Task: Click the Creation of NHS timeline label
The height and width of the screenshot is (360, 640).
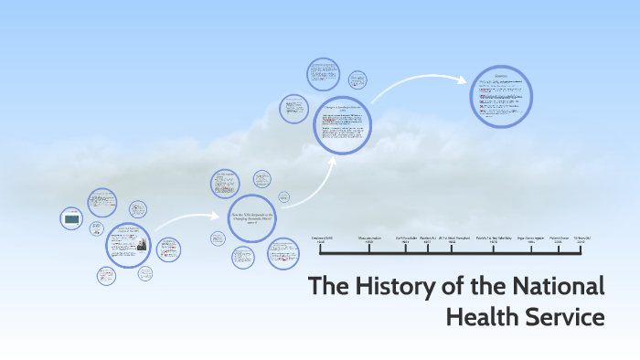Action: point(324,239)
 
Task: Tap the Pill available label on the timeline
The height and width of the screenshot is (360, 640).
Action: point(408,239)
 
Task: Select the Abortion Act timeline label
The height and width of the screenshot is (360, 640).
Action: point(427,239)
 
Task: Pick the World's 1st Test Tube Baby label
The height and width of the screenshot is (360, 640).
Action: point(494,239)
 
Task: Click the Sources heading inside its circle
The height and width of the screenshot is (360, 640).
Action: point(501,76)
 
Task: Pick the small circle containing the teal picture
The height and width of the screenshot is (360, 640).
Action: point(71,218)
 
